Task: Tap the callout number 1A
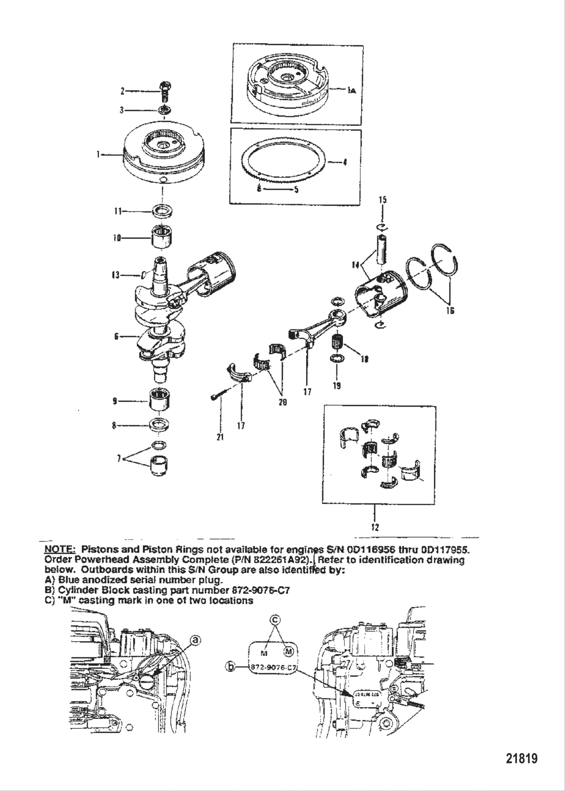352,90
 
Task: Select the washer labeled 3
165,110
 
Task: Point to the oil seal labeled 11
162,210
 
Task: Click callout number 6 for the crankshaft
117,336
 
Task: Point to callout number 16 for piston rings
450,311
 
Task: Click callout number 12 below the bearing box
375,528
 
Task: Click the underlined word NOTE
60,549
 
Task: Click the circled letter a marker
196,640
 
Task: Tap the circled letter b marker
231,667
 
